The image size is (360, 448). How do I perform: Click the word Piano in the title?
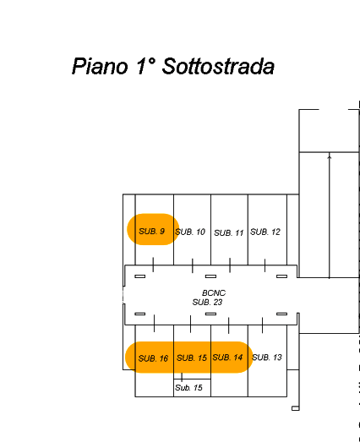pyautogui.click(x=100, y=66)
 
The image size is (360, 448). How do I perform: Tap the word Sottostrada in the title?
pyautogui.click(x=218, y=66)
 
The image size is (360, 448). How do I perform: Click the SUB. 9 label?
pyautogui.click(x=152, y=231)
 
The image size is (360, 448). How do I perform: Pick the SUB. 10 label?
pyautogui.click(x=190, y=232)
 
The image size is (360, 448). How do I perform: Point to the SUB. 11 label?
pyautogui.click(x=228, y=232)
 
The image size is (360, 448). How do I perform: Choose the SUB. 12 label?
pyautogui.click(x=265, y=232)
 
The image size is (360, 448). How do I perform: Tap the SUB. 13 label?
pyautogui.click(x=267, y=358)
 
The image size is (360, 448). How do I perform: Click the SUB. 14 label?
pyautogui.click(x=227, y=358)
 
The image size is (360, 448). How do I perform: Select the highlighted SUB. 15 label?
pyautogui.click(x=192, y=358)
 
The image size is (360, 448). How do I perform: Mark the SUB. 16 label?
pyautogui.click(x=153, y=358)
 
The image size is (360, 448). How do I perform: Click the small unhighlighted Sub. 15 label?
pyautogui.click(x=188, y=388)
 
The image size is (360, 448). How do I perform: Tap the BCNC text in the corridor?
pyautogui.click(x=214, y=292)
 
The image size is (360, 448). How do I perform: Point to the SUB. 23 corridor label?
pyautogui.click(x=207, y=302)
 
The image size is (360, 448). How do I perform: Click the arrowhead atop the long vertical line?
pyautogui.click(x=330, y=156)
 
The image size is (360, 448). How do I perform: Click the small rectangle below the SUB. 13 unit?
pyautogui.click(x=296, y=408)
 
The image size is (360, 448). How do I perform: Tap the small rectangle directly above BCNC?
pyautogui.click(x=211, y=276)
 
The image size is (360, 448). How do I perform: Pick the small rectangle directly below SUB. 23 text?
pyautogui.click(x=211, y=314)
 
